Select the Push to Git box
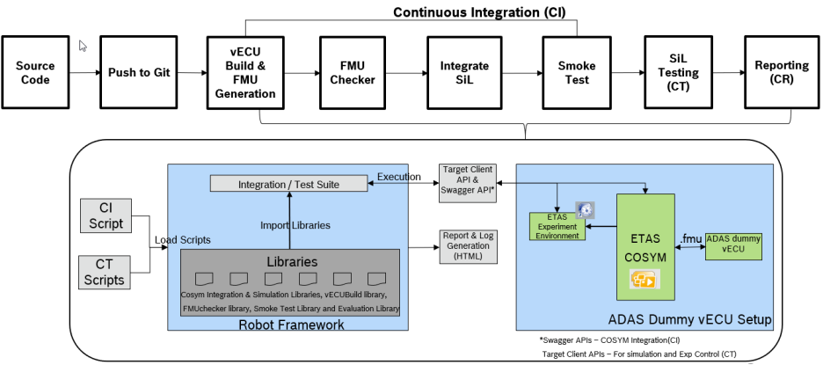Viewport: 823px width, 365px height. pos(135,72)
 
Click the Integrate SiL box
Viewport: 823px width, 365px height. pos(463,72)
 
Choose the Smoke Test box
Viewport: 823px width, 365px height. pos(578,72)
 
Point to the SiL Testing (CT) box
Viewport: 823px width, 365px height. pos(677,72)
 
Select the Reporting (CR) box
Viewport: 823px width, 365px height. pos(776,72)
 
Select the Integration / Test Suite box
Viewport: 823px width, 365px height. pos(288,184)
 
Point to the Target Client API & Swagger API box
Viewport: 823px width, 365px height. pos(469,181)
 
